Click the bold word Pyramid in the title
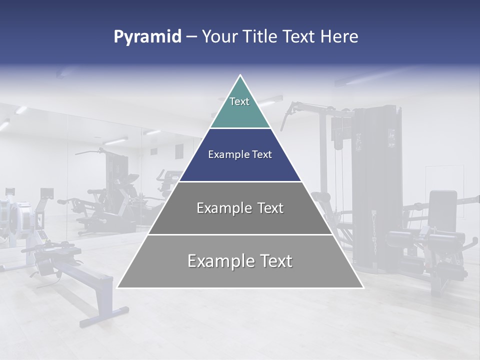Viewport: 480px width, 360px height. [x=147, y=37]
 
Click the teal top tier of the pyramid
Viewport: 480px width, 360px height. [x=240, y=107]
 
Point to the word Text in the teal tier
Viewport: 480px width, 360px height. [x=239, y=101]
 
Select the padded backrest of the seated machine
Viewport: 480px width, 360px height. [x=443, y=210]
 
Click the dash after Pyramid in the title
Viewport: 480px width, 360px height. [x=191, y=37]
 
